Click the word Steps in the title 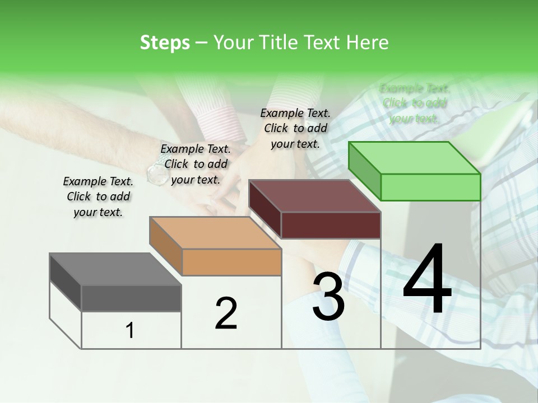click(164, 43)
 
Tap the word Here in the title click(367, 43)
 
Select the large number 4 click(427, 279)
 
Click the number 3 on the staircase click(328, 296)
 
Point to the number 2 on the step click(226, 313)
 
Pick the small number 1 click(130, 330)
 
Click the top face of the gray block click(115, 269)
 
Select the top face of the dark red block click(314, 196)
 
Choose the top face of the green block click(414, 158)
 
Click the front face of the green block click(430, 187)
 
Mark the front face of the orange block click(231, 262)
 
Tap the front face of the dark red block click(331, 225)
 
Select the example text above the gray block click(98, 196)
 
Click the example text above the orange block click(196, 164)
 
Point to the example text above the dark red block click(295, 128)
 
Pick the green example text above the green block click(415, 103)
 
